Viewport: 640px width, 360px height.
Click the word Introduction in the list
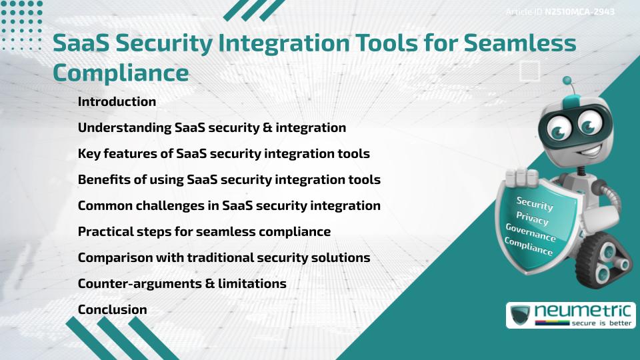(117, 101)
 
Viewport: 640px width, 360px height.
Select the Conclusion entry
(112, 309)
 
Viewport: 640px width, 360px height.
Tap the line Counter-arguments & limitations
(182, 283)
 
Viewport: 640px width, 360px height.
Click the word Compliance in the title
(121, 73)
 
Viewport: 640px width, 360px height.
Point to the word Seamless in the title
(520, 43)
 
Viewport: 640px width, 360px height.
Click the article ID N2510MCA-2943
(579, 12)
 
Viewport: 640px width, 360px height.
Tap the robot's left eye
(559, 128)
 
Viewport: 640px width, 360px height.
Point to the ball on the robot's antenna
(567, 81)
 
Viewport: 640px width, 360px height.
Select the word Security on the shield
(535, 203)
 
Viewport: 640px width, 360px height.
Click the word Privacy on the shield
(532, 219)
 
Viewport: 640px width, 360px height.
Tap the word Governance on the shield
(531, 233)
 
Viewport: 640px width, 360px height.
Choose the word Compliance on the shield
(528, 247)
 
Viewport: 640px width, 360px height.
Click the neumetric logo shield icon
(521, 315)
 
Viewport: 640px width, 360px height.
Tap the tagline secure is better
(601, 323)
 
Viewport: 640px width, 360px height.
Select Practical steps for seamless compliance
(204, 231)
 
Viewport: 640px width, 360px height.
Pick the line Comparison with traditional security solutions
(224, 257)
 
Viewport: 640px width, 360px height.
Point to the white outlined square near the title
(530, 71)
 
